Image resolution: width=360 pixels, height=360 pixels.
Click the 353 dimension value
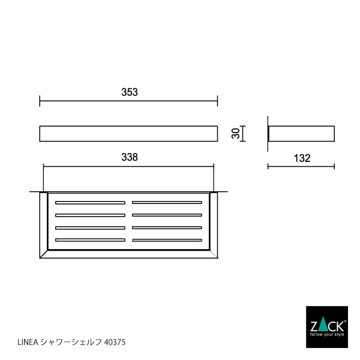(x=130, y=92)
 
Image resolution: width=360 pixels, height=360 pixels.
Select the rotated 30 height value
(x=238, y=133)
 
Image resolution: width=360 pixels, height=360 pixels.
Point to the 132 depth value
(x=302, y=158)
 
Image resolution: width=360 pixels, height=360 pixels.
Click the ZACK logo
(x=326, y=326)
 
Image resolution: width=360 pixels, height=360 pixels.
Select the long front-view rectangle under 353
(x=128, y=133)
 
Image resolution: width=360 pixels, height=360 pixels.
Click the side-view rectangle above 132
(x=301, y=133)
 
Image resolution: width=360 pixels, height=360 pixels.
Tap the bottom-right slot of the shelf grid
(x=167, y=240)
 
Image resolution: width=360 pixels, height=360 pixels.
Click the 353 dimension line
(x=128, y=101)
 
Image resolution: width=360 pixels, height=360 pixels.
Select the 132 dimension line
(x=301, y=166)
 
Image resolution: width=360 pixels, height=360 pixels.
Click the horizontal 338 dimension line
(x=128, y=166)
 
